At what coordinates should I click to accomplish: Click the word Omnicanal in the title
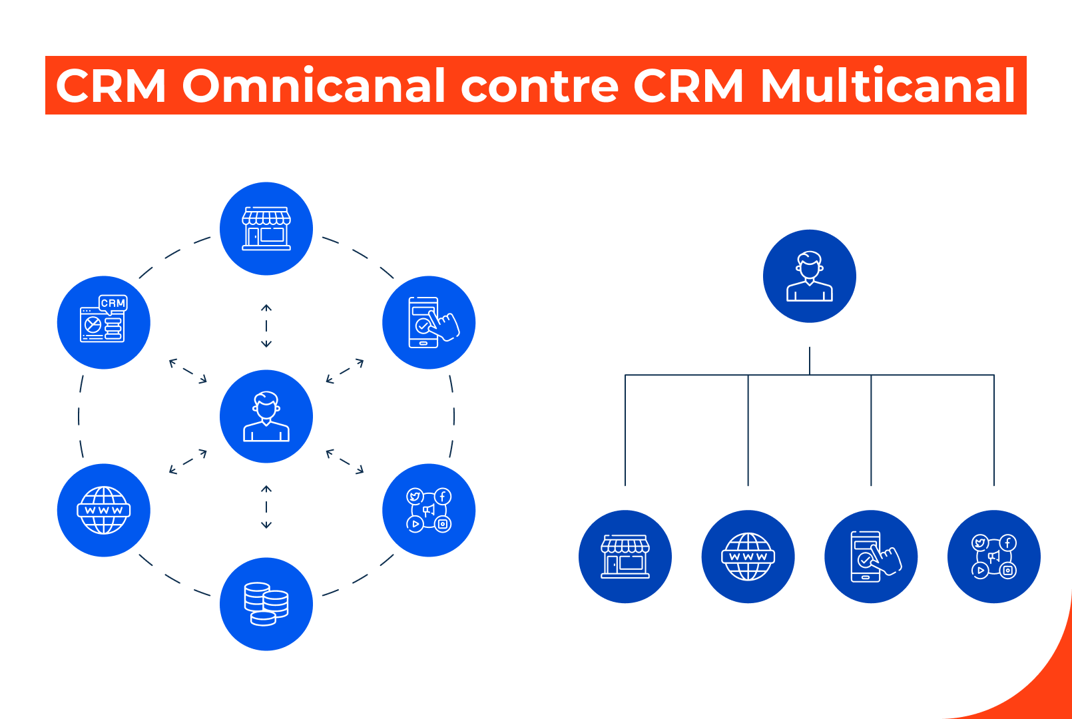pyautogui.click(x=313, y=86)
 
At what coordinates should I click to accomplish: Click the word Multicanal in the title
pyautogui.click(x=888, y=86)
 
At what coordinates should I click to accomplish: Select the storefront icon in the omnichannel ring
pyautogui.click(x=266, y=228)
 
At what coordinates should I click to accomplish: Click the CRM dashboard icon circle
pyautogui.click(x=104, y=323)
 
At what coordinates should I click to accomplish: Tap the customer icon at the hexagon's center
pyautogui.click(x=266, y=417)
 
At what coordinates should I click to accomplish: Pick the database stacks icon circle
pyautogui.click(x=266, y=604)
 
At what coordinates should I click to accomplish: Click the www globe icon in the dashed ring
pyautogui.click(x=104, y=511)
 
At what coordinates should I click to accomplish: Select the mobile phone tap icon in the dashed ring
pyautogui.click(x=429, y=323)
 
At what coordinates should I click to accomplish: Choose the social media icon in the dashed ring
pyautogui.click(x=429, y=511)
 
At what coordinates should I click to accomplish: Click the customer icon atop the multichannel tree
pyautogui.click(x=810, y=276)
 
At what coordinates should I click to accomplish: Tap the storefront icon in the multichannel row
pyautogui.click(x=625, y=557)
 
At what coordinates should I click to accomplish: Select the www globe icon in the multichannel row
pyautogui.click(x=748, y=557)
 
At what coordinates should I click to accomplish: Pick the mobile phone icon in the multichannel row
pyautogui.click(x=871, y=557)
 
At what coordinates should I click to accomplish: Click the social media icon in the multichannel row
pyautogui.click(x=994, y=557)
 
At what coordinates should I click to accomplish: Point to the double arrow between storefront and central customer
pyautogui.click(x=266, y=326)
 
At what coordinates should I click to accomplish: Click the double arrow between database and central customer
pyautogui.click(x=266, y=507)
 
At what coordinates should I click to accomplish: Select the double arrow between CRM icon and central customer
pyautogui.click(x=188, y=371)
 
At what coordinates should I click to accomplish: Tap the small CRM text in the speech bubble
pyautogui.click(x=113, y=303)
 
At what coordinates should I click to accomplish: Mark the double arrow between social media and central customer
pyautogui.click(x=345, y=461)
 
